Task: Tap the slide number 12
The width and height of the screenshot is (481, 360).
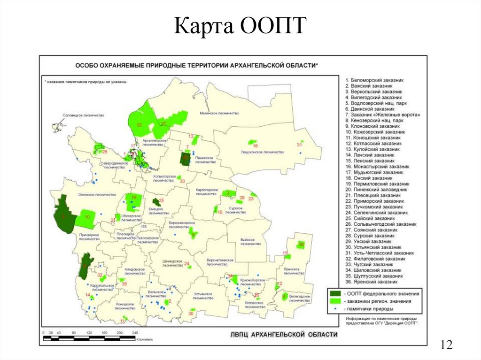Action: (446, 345)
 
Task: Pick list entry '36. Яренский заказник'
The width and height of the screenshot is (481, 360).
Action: (372, 282)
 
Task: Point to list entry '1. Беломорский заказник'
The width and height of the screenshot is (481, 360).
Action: (374, 81)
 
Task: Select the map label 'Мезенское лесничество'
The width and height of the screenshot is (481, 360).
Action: (219, 113)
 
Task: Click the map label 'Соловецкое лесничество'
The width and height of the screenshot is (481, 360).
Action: (84, 115)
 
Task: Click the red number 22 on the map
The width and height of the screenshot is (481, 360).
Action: (140, 125)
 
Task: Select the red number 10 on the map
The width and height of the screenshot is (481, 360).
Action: (87, 217)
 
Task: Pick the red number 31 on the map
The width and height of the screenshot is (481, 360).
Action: (299, 145)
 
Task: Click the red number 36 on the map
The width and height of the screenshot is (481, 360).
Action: (301, 245)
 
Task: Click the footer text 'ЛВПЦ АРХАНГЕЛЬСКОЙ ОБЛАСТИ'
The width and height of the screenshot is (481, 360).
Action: (284, 334)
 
